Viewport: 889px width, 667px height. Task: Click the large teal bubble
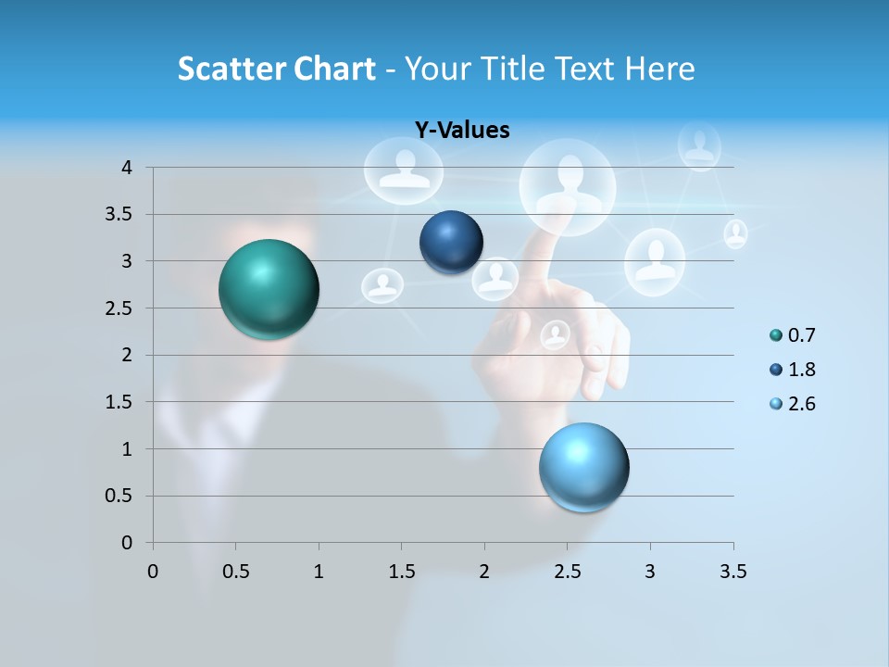(269, 289)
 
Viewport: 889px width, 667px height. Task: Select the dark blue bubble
(451, 242)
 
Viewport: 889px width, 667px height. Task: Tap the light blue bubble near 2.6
(583, 467)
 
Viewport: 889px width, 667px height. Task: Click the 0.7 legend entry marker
(776, 335)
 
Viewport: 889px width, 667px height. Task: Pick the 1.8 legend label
(802, 370)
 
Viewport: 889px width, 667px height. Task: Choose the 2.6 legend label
(802, 404)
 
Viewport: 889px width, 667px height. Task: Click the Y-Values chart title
(461, 131)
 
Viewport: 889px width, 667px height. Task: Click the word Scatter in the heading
(230, 69)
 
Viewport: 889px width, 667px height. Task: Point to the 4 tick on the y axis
(127, 168)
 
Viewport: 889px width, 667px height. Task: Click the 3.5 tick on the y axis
(119, 215)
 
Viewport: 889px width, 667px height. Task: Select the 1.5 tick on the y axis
(119, 402)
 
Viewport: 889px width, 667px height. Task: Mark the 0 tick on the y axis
(127, 543)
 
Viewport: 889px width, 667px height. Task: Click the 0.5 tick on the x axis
(235, 572)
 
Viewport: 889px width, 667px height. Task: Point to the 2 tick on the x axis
(484, 572)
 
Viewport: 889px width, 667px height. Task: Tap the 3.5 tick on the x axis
(732, 572)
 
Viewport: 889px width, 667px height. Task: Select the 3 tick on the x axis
(650, 572)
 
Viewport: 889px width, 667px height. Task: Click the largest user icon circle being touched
(568, 186)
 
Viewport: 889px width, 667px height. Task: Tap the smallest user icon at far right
(735, 233)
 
